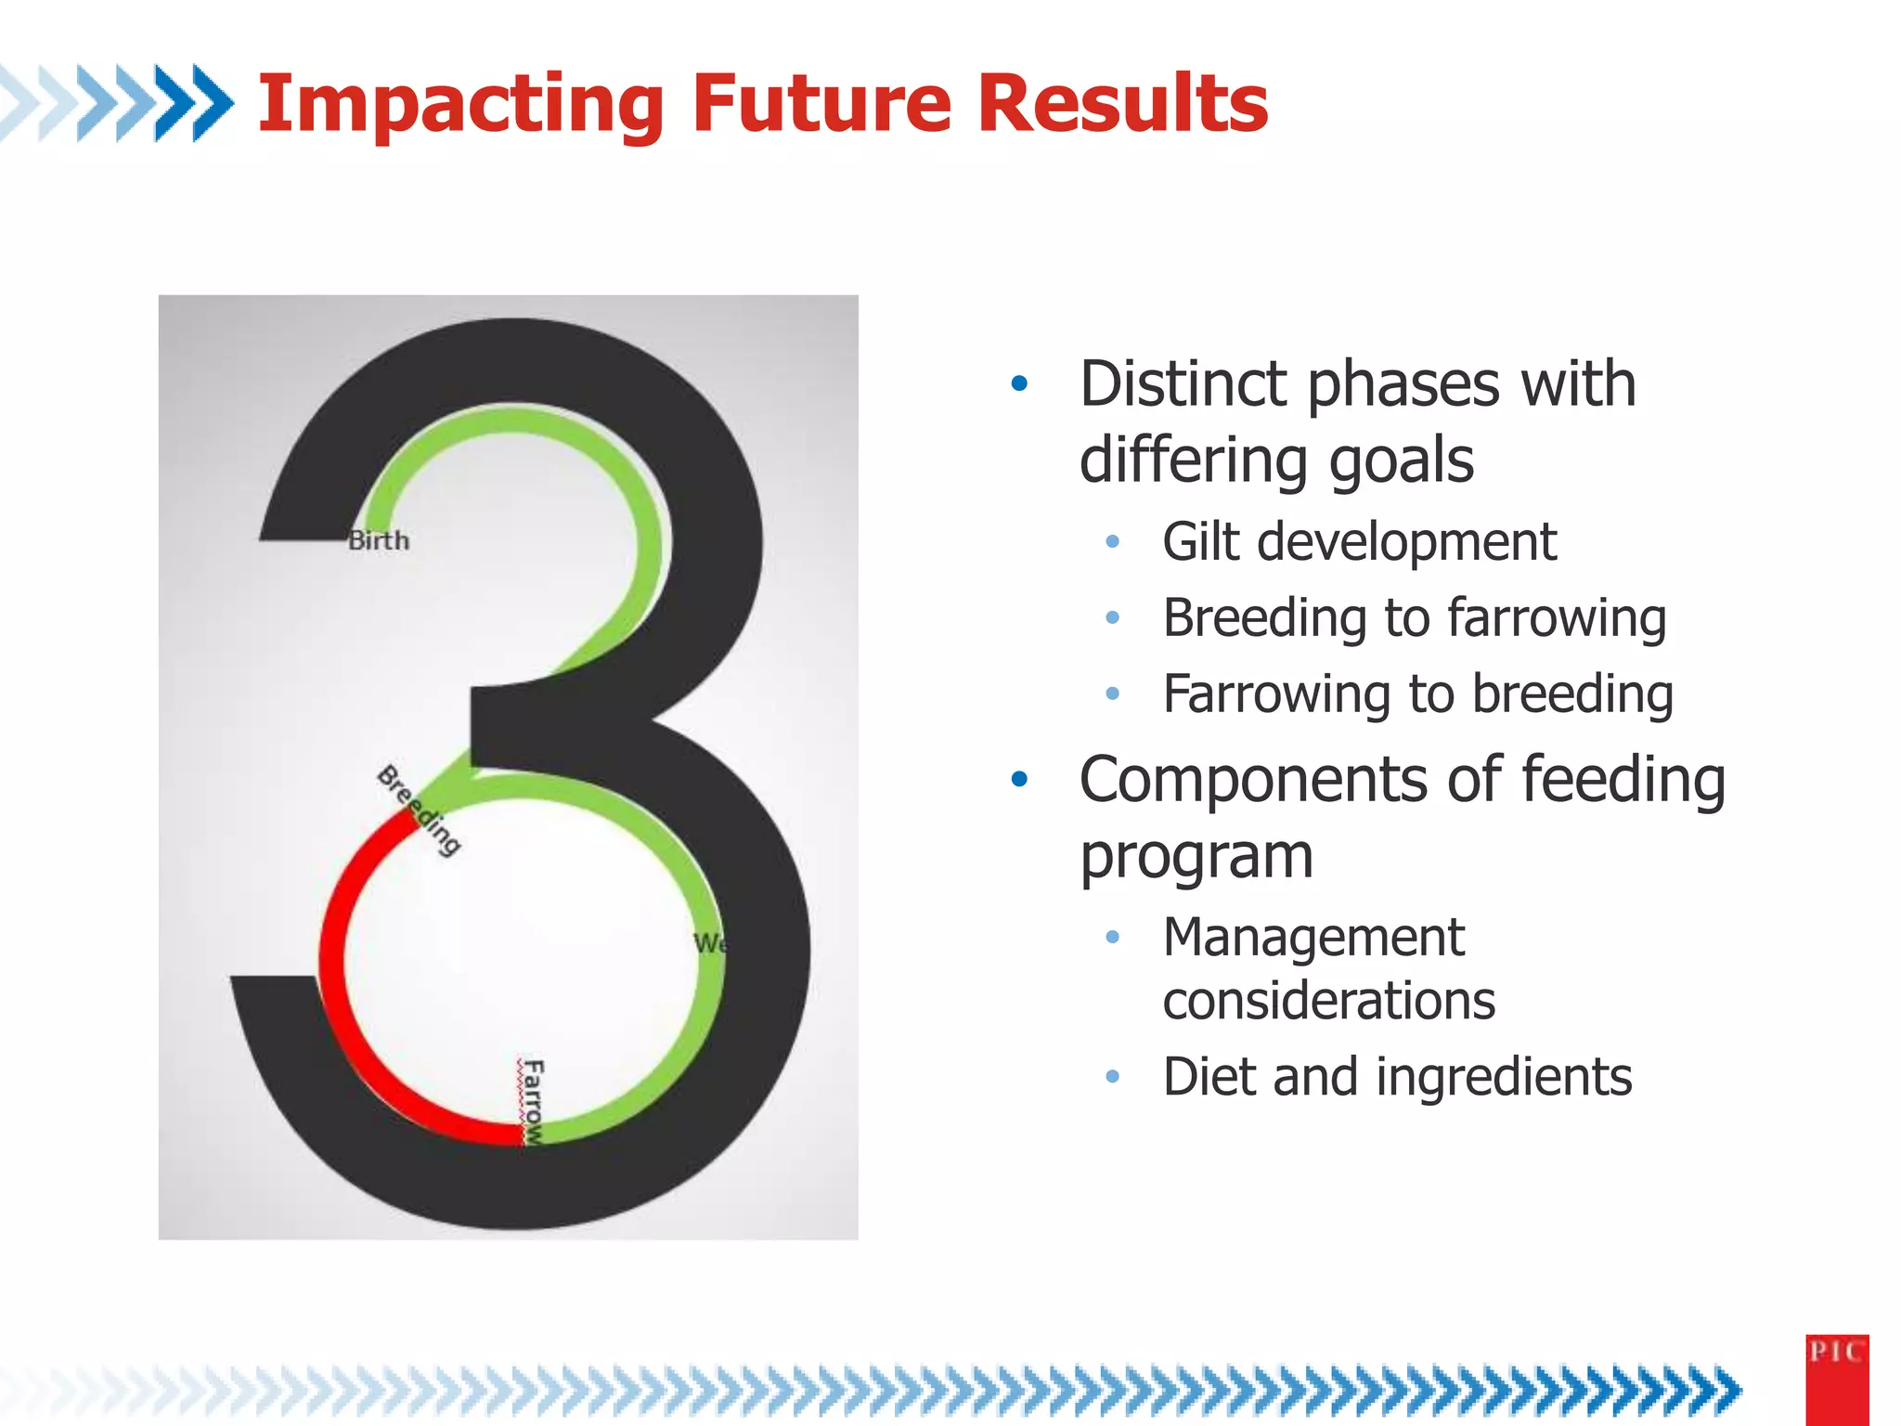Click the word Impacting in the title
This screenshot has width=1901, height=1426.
point(459,104)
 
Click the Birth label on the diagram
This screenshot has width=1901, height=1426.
point(379,540)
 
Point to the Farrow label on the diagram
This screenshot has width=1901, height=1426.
point(533,1102)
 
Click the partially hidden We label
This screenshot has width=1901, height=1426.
point(707,943)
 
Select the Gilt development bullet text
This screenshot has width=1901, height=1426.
point(1359,541)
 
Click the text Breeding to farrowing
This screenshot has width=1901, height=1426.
point(1414,617)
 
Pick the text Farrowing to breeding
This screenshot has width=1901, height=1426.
point(1417,694)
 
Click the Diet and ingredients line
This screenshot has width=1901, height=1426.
point(1397,1077)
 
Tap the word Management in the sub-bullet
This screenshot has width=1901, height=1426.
point(1313,938)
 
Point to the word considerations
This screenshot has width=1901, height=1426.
point(1328,1001)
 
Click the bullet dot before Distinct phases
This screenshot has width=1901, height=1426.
point(1019,383)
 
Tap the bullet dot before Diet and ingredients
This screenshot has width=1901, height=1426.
point(1113,1077)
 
